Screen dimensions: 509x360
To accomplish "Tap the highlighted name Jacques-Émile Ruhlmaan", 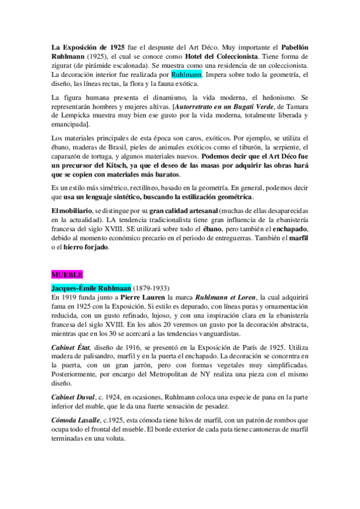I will click(90, 288).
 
